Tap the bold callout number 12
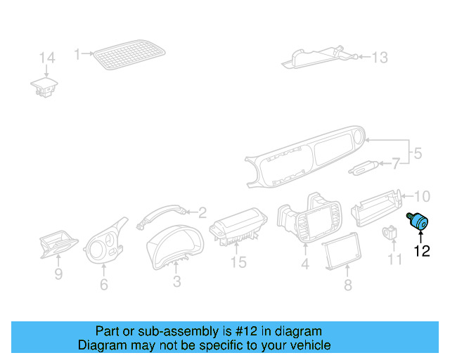coord(421,250)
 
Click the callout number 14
coord(46,58)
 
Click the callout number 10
coord(421,195)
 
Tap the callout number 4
coord(305,264)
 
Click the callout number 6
coord(104,285)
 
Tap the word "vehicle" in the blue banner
coord(308,345)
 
